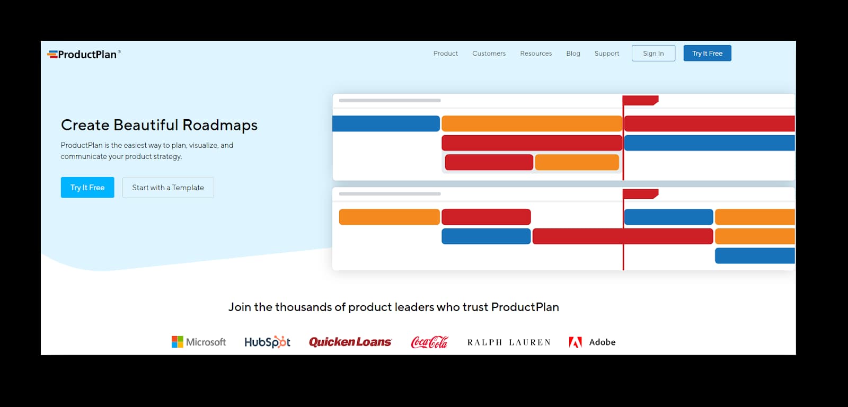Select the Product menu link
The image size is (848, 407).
click(x=445, y=54)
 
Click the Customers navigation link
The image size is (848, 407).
click(x=489, y=54)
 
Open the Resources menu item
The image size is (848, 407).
click(x=536, y=54)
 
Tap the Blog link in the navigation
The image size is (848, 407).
click(x=573, y=54)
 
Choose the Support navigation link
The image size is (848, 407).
click(x=606, y=54)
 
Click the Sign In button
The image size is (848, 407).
click(x=653, y=54)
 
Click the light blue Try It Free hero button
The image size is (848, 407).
click(x=87, y=188)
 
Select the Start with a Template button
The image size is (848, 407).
click(x=168, y=188)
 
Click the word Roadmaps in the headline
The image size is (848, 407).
click(x=220, y=125)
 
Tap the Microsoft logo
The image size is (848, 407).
click(x=199, y=342)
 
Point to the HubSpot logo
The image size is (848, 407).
click(x=267, y=342)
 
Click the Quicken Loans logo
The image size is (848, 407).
click(x=350, y=342)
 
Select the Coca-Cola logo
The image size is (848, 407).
click(x=429, y=342)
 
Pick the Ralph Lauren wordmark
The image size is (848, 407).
click(x=509, y=342)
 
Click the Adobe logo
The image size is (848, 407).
click(x=592, y=342)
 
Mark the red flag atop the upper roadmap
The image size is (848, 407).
click(x=640, y=100)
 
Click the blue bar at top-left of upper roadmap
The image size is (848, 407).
click(x=386, y=123)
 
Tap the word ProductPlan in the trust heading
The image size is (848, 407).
click(x=525, y=307)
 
